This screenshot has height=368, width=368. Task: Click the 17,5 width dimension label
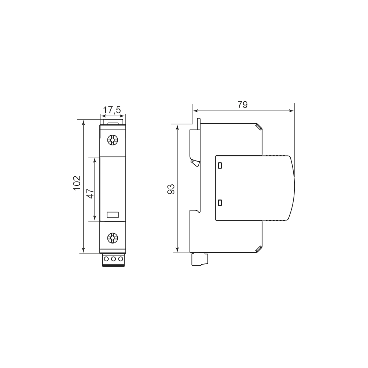tap(112, 110)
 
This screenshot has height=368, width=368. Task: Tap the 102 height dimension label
tap(77, 183)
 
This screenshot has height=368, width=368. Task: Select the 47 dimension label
tap(91, 193)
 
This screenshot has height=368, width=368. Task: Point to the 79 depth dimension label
tap(243, 105)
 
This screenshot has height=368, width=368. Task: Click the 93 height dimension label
tap(171, 189)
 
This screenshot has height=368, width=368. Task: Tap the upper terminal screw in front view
tap(113, 140)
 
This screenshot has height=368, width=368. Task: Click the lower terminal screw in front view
tap(113, 238)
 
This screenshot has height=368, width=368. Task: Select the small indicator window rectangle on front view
tap(113, 215)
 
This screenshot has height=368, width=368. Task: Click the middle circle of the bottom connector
tap(113, 259)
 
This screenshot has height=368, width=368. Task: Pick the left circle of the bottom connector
tap(106, 259)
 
